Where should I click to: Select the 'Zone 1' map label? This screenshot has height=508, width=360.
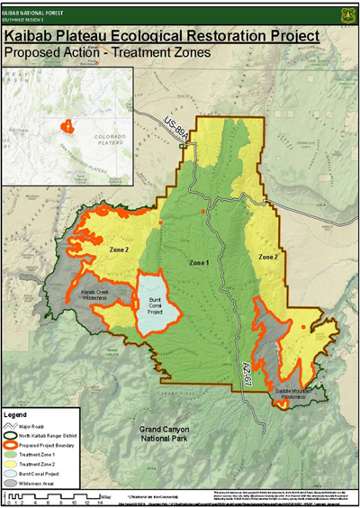(x=201, y=262)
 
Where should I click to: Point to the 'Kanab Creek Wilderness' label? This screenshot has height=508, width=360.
(x=97, y=296)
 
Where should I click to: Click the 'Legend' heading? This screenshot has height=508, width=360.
(x=17, y=415)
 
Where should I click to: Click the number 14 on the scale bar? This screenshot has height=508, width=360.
(x=100, y=502)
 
